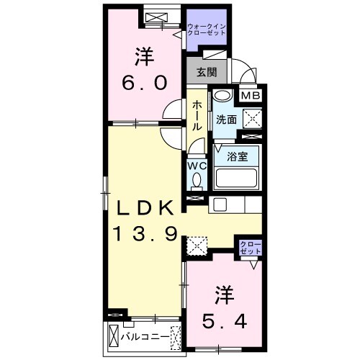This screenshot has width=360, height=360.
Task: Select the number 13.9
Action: (145, 235)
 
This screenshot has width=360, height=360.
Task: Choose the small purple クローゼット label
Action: (250, 249)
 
